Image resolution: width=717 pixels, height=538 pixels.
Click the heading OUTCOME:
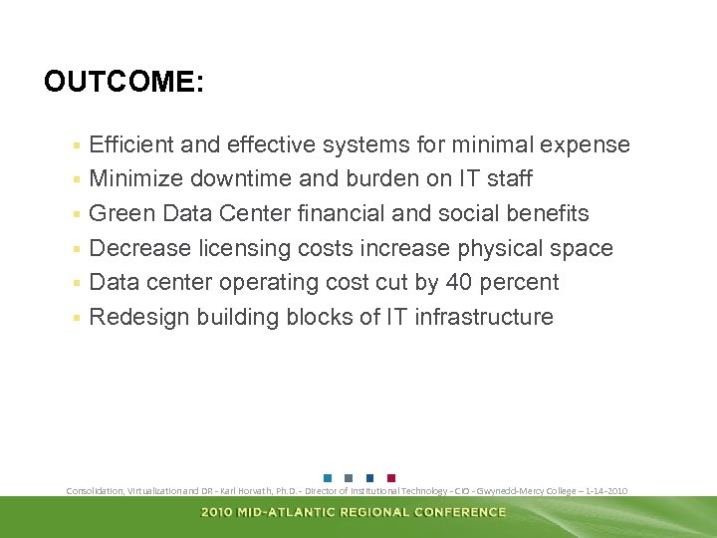(x=123, y=82)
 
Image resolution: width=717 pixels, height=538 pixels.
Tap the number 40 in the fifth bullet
(x=459, y=283)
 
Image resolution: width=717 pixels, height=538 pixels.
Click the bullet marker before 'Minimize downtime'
(x=76, y=180)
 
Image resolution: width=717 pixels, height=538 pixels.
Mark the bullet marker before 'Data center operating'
(x=76, y=284)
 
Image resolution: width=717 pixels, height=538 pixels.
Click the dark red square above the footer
(x=390, y=477)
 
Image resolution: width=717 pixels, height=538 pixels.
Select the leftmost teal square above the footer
(x=328, y=477)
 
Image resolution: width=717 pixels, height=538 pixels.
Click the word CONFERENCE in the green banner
(x=460, y=512)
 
